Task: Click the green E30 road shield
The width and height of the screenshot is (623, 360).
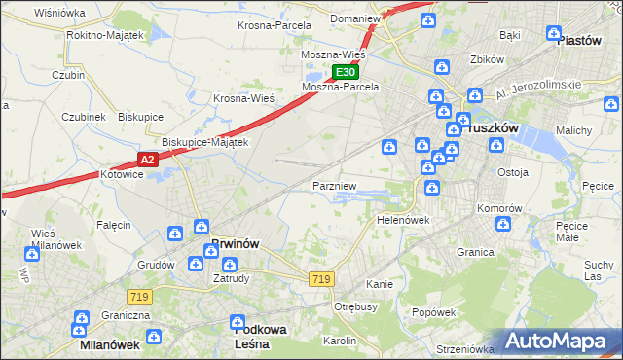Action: pos(346,73)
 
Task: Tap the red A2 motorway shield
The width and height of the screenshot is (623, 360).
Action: pos(146,160)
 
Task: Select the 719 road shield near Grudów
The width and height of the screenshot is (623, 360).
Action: pos(136,295)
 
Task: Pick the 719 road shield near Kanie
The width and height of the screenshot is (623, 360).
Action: pos(321,279)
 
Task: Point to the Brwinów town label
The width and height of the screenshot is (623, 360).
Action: pos(235,243)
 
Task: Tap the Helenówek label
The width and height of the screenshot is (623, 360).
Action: pos(403,220)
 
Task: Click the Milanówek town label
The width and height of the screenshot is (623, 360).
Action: pos(110,344)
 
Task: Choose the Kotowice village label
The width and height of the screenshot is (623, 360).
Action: pos(122,175)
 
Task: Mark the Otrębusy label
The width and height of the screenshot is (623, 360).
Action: pos(355,306)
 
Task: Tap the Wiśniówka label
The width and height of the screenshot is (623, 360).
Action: pos(59,13)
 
